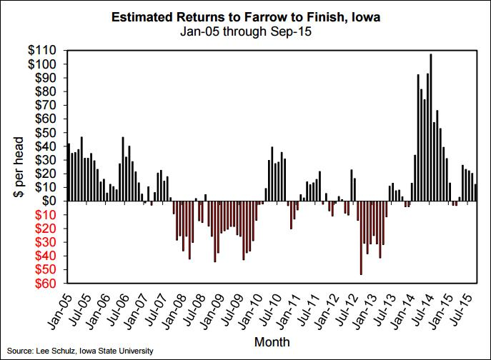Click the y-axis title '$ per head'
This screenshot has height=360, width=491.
click(16, 166)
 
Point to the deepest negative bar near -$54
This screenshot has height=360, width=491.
click(361, 237)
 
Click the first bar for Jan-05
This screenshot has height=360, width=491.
click(69, 172)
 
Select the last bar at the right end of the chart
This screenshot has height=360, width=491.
click(476, 192)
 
